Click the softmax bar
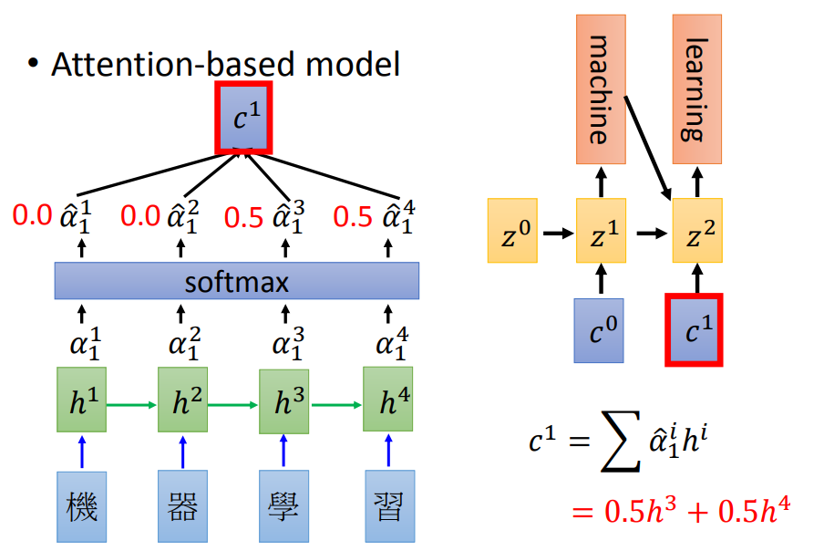[x=236, y=282]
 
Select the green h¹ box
[x=81, y=399]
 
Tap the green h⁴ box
[x=388, y=399]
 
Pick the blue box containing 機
[x=81, y=504]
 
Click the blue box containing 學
[x=284, y=504]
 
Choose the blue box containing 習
[x=389, y=504]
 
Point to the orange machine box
[x=599, y=89]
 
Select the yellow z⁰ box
[x=514, y=231]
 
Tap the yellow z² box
[x=696, y=231]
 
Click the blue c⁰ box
[x=599, y=330]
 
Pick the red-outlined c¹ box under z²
[x=695, y=329]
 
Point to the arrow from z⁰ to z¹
[x=556, y=233]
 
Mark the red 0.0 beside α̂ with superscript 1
[x=33, y=216]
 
